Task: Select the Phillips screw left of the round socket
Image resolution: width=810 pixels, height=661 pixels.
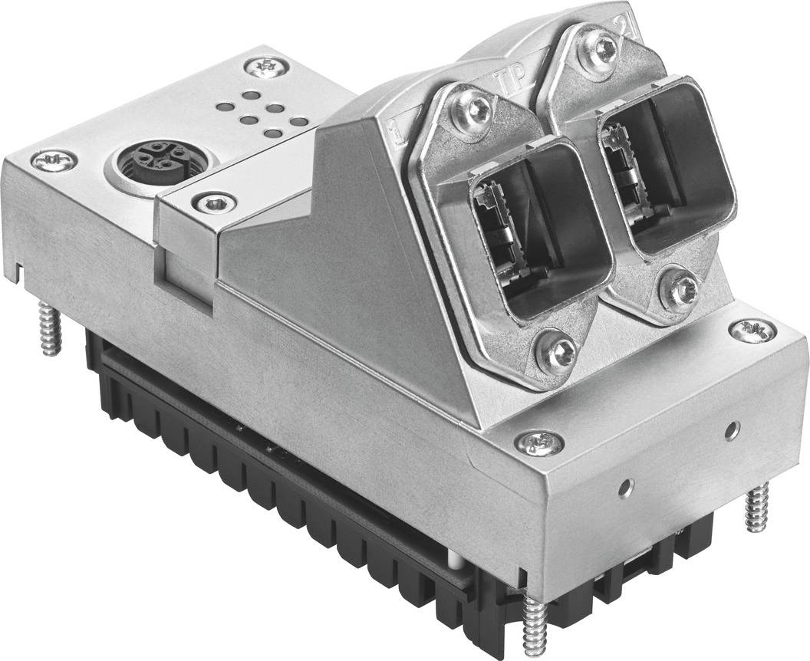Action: (x=54, y=160)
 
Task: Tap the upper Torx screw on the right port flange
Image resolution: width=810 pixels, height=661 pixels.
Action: (x=605, y=51)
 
